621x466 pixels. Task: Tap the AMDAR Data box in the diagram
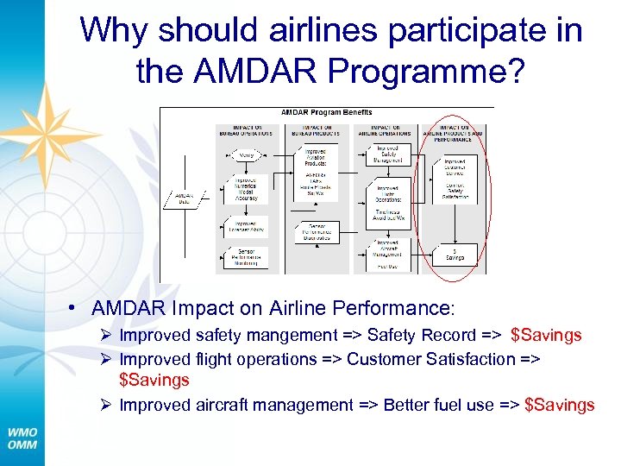tap(182, 198)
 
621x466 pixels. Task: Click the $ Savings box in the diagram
tap(455, 254)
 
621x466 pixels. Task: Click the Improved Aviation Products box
tap(316, 156)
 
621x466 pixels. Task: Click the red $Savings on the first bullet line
tap(546, 335)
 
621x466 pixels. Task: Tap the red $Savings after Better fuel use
tap(559, 405)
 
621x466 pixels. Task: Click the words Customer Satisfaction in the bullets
tap(421, 358)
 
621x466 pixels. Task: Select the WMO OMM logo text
tap(22, 438)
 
